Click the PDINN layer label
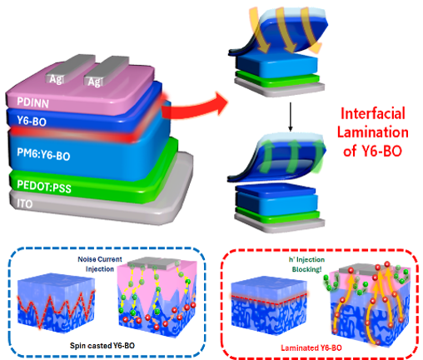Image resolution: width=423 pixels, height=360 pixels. coord(32,102)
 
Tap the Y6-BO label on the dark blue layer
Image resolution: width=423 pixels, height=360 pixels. coord(32,121)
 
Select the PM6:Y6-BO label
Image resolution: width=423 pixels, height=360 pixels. coord(43,154)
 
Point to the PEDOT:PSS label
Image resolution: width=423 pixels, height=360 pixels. coord(44,187)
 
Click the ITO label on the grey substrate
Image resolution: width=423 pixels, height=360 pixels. coord(25,204)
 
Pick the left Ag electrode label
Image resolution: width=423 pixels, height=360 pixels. coord(56,79)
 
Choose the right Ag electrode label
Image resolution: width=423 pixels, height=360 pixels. coord(94,82)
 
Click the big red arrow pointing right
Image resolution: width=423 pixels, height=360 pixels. coord(194,107)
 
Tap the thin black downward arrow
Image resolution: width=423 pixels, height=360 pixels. coord(291,117)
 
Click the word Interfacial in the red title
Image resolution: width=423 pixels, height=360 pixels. coord(373,113)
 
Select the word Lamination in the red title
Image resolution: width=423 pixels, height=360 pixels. coord(373,132)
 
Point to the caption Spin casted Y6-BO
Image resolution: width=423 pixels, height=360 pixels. coord(102,346)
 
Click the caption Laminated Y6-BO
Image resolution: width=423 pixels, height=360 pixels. coord(311,347)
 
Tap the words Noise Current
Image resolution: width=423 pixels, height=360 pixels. coord(100,259)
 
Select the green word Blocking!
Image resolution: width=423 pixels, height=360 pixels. coord(306,269)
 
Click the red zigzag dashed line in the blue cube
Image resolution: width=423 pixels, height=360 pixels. coord(56,308)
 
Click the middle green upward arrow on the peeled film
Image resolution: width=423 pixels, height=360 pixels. coord(293,156)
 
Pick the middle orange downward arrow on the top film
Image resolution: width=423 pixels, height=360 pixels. coord(286,30)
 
